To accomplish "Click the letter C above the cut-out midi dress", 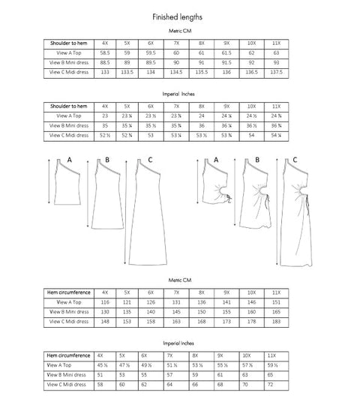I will click(x=295, y=160).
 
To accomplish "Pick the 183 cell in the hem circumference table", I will click(x=277, y=322).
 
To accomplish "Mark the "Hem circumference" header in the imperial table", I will click(x=70, y=354).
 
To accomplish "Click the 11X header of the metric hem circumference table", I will click(x=277, y=291).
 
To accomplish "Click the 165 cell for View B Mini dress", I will click(x=277, y=311).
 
